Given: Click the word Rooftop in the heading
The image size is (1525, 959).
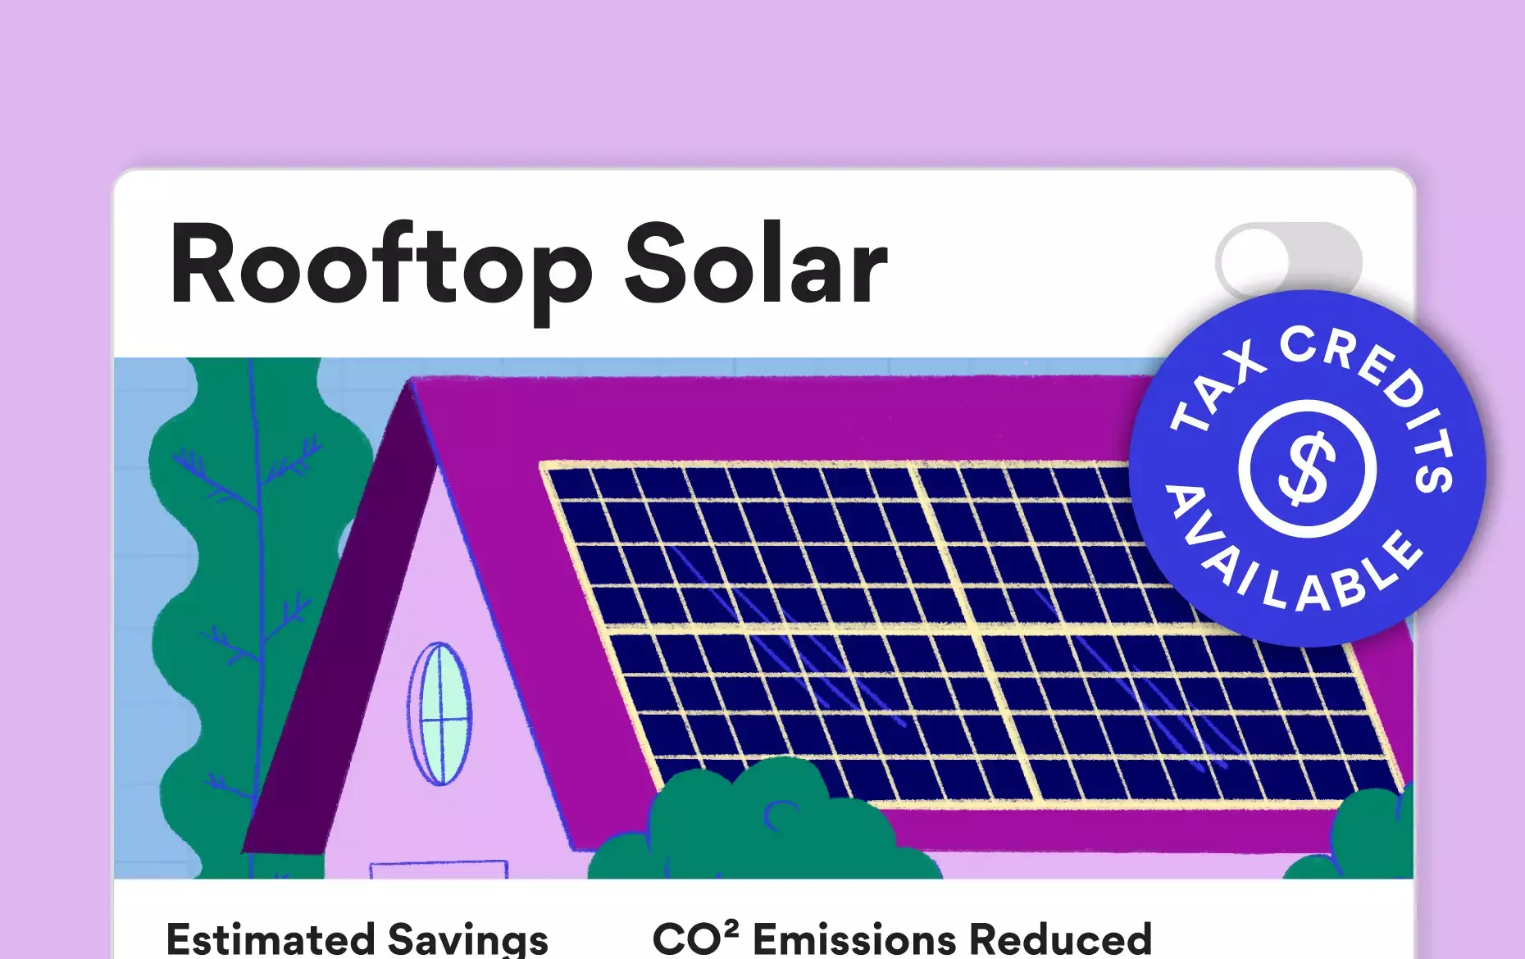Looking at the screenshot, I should point(380,267).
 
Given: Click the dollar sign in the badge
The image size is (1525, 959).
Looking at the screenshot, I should point(1307,470).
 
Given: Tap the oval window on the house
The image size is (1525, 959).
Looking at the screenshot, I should point(440,714).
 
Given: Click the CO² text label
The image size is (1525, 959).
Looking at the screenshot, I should point(695,939).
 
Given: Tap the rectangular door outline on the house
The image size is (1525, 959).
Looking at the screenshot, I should point(439,869).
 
